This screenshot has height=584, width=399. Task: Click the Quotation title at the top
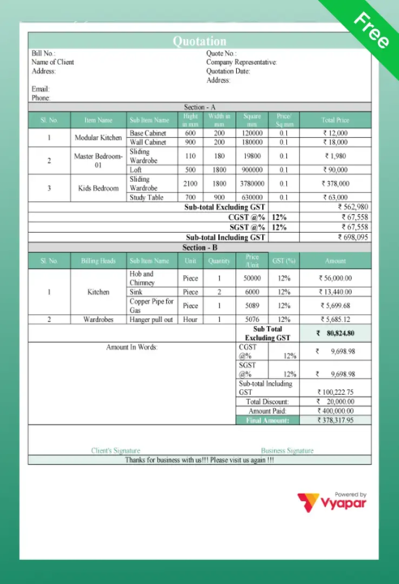pyautogui.click(x=199, y=41)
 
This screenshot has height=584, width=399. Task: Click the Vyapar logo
pyautogui.click(x=332, y=503)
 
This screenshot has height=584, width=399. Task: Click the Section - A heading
pyautogui.click(x=199, y=107)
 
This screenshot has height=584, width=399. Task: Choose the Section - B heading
pyautogui.click(x=199, y=247)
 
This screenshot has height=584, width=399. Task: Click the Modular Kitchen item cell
pyautogui.click(x=98, y=138)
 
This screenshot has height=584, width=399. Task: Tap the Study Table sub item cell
pyautogui.click(x=147, y=197)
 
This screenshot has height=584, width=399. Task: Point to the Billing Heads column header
pyautogui.click(x=99, y=260)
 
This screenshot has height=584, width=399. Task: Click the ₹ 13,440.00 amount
pyautogui.click(x=335, y=292)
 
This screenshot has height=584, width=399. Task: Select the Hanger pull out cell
pyautogui.click(x=151, y=320)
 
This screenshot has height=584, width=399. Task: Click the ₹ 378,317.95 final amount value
pyautogui.click(x=335, y=420)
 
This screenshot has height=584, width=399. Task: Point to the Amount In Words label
pyautogui.click(x=132, y=346)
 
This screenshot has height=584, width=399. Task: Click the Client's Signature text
pyautogui.click(x=116, y=450)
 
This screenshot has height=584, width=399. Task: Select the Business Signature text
pyautogui.click(x=287, y=450)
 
